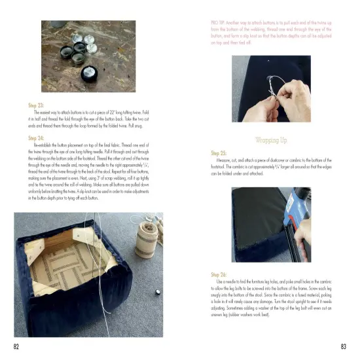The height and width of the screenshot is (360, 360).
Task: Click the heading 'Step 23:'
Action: point(36,105)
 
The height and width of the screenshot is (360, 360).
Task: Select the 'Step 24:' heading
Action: point(36,139)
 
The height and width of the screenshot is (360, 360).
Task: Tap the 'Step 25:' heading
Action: point(219,152)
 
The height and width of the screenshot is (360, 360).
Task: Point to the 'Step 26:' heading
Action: point(219,275)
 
